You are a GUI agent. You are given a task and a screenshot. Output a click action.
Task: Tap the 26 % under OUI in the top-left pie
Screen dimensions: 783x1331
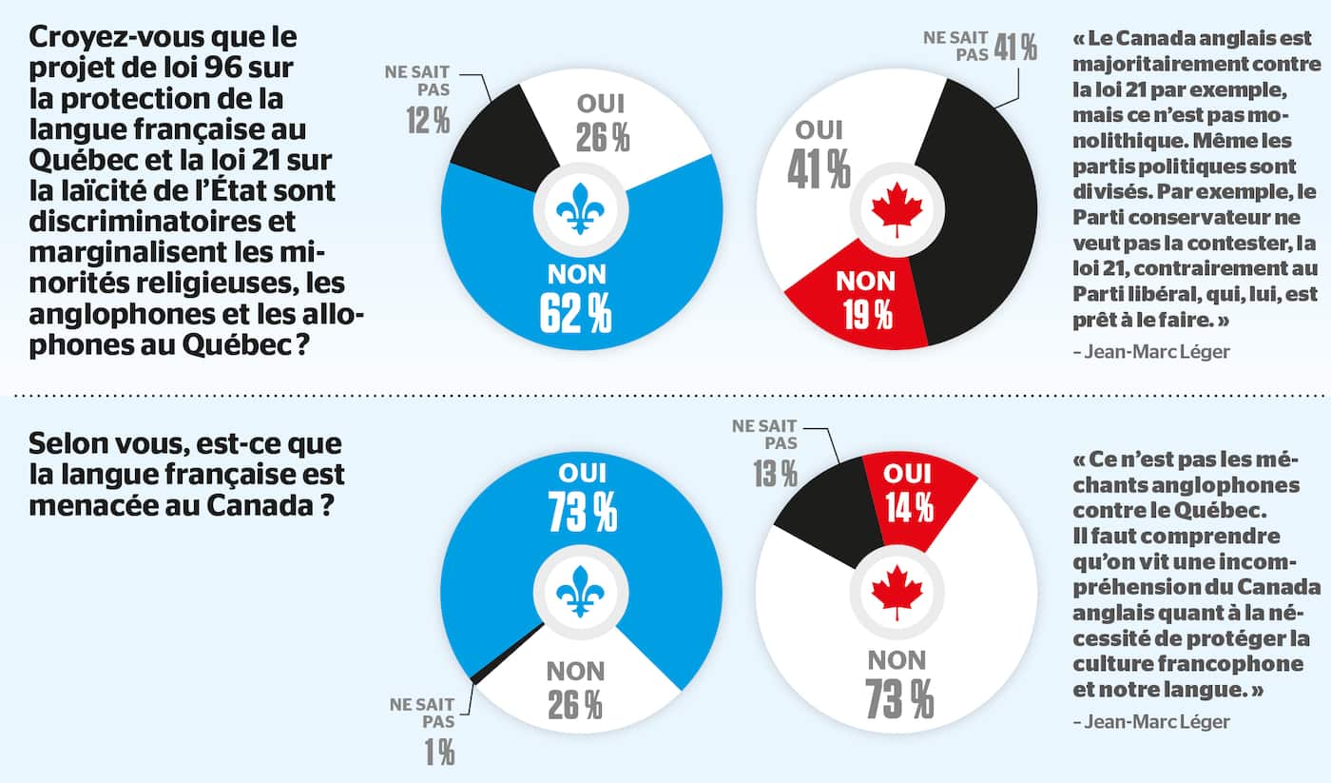tap(603, 138)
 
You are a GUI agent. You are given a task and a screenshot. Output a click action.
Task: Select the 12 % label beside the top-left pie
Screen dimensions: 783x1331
tap(428, 122)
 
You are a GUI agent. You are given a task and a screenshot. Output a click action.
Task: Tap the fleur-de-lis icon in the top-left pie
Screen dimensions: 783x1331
tap(580, 211)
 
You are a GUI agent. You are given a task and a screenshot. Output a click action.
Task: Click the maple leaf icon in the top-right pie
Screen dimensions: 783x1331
tap(897, 211)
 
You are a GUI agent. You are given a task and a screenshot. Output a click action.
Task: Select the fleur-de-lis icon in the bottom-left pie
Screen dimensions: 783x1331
tap(580, 592)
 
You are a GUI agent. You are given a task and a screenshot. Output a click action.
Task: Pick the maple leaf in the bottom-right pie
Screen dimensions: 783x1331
tap(897, 592)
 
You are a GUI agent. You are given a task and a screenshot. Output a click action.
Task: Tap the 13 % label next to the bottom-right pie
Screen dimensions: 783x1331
tap(776, 473)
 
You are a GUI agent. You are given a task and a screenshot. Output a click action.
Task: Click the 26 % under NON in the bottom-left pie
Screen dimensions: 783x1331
tap(574, 705)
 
